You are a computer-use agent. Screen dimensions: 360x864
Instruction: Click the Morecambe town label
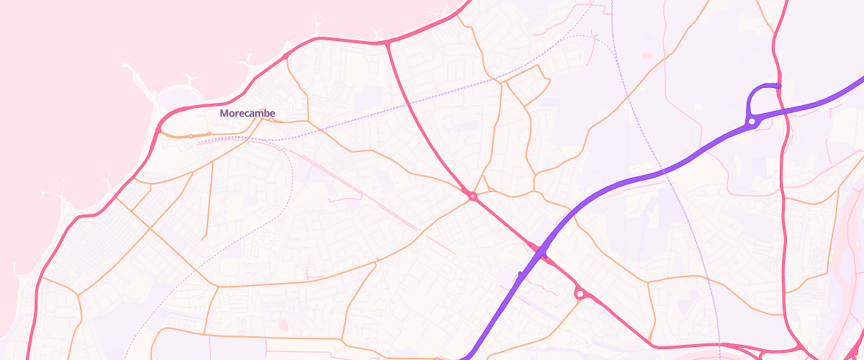click(248, 114)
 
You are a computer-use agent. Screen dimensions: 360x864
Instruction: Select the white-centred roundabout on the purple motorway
click(752, 122)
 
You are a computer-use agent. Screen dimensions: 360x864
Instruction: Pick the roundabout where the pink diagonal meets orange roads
click(472, 195)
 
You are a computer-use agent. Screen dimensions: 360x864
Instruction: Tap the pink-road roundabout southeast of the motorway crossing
click(580, 293)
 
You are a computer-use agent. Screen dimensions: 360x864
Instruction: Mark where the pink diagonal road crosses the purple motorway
click(541, 253)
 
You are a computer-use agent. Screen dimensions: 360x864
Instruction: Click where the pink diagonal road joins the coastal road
click(387, 43)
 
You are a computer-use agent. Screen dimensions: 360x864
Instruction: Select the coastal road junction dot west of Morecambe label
click(158, 130)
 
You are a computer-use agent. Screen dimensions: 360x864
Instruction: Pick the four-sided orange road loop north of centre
click(526, 85)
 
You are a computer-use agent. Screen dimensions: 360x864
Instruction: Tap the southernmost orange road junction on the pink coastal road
click(40, 277)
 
